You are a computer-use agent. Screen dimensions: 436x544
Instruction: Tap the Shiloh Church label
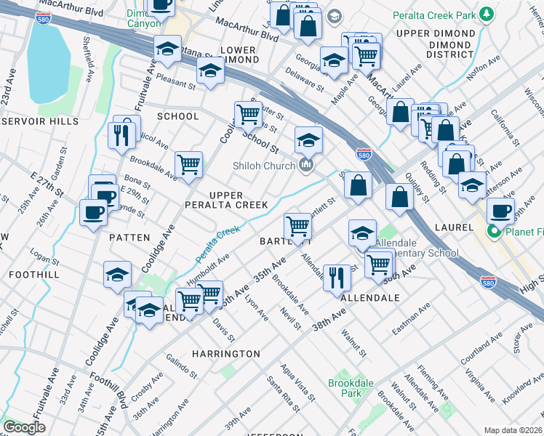coord(263,166)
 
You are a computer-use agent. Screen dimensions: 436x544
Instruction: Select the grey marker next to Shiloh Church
coord(305,166)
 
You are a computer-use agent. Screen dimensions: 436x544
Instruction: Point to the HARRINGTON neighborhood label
coord(225,354)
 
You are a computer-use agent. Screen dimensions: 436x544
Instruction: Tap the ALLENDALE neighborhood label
coord(370,298)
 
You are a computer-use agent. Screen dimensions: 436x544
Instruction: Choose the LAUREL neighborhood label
coord(453,227)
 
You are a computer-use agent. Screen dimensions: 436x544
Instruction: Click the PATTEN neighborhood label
coord(129,238)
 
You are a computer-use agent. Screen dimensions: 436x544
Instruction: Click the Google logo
coord(24,427)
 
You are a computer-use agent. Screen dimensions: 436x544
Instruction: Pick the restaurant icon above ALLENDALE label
coord(336,277)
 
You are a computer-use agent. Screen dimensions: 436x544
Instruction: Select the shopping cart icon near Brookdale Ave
coord(189,163)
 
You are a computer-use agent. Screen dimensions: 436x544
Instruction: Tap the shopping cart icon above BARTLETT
coord(297,226)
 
